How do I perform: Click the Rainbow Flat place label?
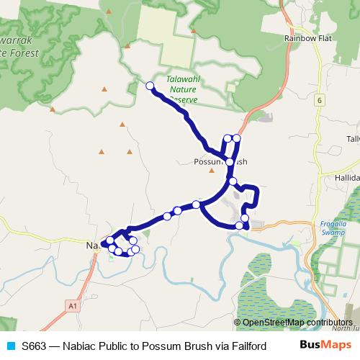click(x=307, y=37)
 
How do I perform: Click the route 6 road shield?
click(x=318, y=100)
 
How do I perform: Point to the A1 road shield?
click(x=72, y=306)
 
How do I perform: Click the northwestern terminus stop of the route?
click(x=150, y=86)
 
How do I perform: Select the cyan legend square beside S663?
click(x=10, y=346)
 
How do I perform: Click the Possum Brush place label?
click(x=220, y=162)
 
